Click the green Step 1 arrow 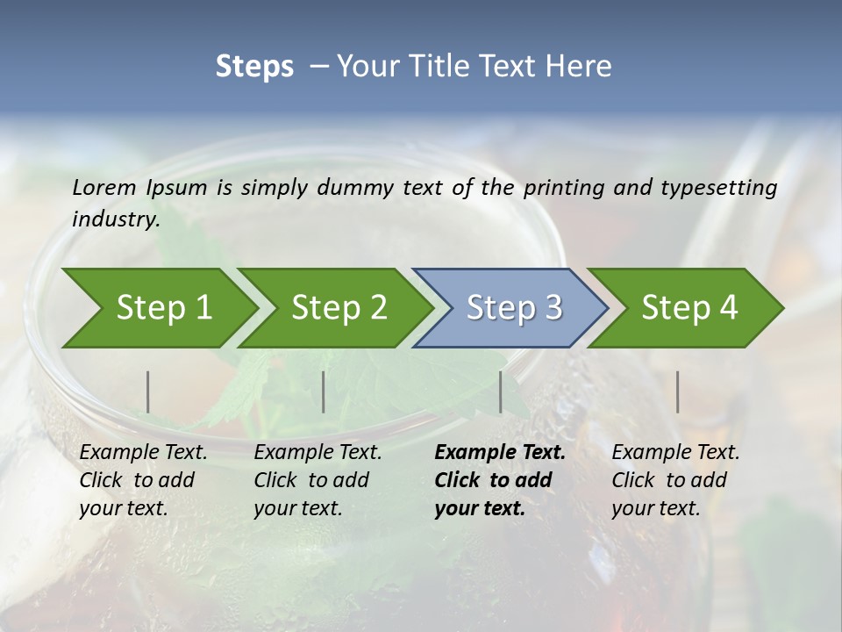coord(158,308)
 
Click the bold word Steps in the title coord(254,67)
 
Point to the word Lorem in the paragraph coord(104,187)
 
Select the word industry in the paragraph coord(115,219)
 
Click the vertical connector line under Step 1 coord(148,391)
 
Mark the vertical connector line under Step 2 coord(324,391)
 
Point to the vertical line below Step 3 coord(501,391)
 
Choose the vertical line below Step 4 coord(677,391)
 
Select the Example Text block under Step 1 coord(142,480)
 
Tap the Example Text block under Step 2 coord(317,480)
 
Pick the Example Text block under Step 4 coord(674,480)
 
